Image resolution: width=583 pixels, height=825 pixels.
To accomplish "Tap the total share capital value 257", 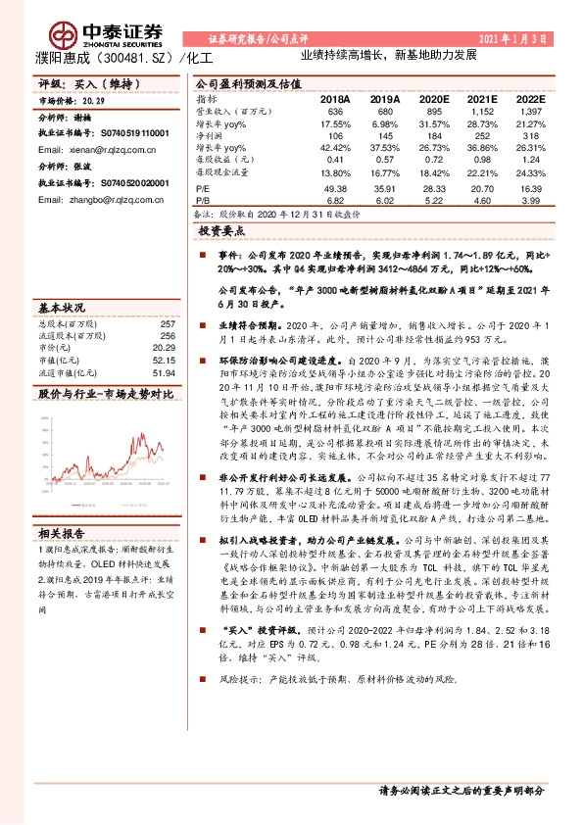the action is pyautogui.click(x=167, y=323).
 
